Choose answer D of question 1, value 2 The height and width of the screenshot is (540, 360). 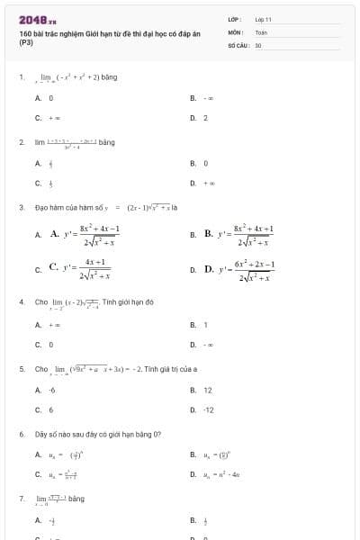click(205, 117)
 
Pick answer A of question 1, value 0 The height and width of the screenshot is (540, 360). click(51, 97)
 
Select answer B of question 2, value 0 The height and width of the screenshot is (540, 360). click(205, 163)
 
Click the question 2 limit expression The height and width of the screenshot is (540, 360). click(72, 142)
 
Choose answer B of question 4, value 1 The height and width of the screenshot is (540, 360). click(205, 324)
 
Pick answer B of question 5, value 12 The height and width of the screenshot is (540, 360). click(207, 390)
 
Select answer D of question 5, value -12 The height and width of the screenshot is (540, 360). click(208, 409)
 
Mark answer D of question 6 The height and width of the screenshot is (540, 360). click(220, 473)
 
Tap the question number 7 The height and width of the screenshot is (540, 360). click(21, 498)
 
